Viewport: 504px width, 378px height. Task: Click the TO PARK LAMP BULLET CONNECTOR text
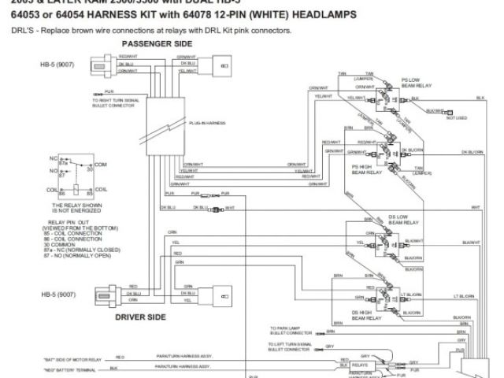290,331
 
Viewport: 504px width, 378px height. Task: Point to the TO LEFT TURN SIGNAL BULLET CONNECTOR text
290,347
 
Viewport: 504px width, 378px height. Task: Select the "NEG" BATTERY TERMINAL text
71,368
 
